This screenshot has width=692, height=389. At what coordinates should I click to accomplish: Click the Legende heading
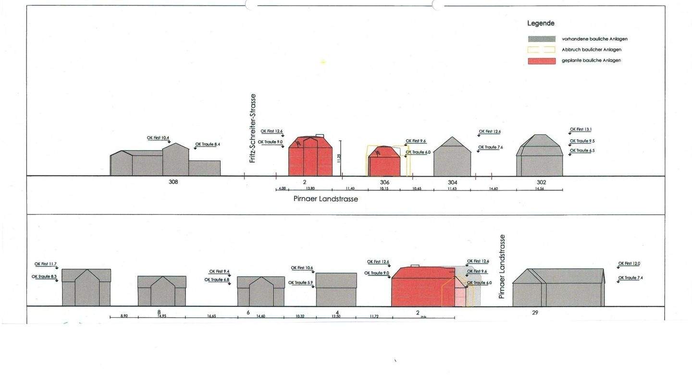pyautogui.click(x=541, y=23)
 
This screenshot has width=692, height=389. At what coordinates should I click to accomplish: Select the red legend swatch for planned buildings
pyautogui.click(x=542, y=61)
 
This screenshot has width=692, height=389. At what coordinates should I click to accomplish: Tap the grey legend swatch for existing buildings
pyautogui.click(x=542, y=39)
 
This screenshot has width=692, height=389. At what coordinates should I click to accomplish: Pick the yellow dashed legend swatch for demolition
pyautogui.click(x=542, y=50)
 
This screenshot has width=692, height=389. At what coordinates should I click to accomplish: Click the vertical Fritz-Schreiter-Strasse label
pyautogui.click(x=253, y=128)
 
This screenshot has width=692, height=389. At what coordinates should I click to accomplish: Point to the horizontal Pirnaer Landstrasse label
pyautogui.click(x=325, y=199)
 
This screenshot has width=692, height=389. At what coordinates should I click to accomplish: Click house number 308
pyautogui.click(x=173, y=182)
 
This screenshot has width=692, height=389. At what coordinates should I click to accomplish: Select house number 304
pyautogui.click(x=452, y=182)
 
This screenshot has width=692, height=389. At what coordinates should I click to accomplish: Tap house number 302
pyautogui.click(x=541, y=182)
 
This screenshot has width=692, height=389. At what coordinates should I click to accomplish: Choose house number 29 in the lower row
pyautogui.click(x=535, y=313)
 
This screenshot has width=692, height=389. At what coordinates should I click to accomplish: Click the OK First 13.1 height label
pyautogui.click(x=581, y=129)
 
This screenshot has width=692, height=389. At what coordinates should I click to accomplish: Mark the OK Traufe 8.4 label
pyautogui.click(x=207, y=144)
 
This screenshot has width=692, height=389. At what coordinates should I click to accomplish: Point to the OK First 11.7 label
pyautogui.click(x=45, y=264)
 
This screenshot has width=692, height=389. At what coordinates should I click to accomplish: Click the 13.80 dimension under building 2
pyautogui.click(x=310, y=189)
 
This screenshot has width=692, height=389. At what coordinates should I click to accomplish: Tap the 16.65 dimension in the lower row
pyautogui.click(x=211, y=316)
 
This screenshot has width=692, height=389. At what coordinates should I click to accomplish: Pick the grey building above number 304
pyautogui.click(x=452, y=159)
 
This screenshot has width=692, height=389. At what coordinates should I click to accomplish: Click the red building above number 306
pyautogui.click(x=384, y=163)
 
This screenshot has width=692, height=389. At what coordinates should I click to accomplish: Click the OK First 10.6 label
pyautogui.click(x=302, y=268)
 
